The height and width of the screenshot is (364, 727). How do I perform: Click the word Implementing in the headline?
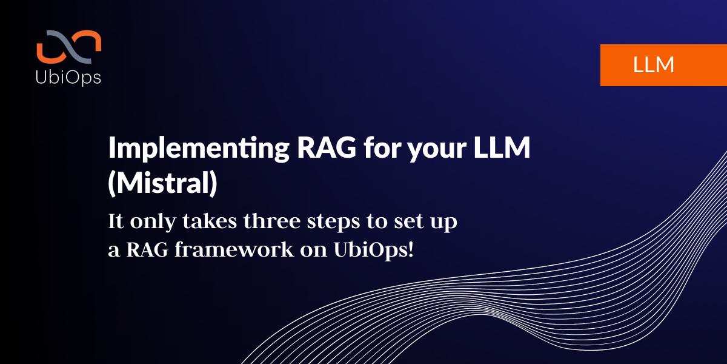tap(199, 149)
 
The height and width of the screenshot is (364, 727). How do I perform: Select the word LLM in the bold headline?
tap(502, 147)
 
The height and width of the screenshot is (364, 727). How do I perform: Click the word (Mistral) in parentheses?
tap(162, 183)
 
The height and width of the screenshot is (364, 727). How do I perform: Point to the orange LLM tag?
tap(663, 65)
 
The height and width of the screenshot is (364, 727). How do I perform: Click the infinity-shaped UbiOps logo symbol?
tap(69, 47)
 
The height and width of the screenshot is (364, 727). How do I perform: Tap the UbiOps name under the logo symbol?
tap(68, 78)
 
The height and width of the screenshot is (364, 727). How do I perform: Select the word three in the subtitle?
tap(272, 221)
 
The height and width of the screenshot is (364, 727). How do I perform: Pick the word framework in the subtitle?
tap(234, 249)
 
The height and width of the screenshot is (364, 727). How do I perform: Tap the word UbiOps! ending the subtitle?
tap(374, 250)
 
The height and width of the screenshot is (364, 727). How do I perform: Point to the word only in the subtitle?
tap(153, 221)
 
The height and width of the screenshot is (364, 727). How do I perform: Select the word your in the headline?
tap(437, 150)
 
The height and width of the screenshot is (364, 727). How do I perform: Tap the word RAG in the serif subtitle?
tap(147, 249)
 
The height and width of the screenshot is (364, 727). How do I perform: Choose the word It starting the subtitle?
tap(116, 221)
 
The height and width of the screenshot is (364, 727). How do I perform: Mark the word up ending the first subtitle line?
tap(444, 224)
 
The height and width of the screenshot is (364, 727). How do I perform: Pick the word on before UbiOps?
tap(314, 252)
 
